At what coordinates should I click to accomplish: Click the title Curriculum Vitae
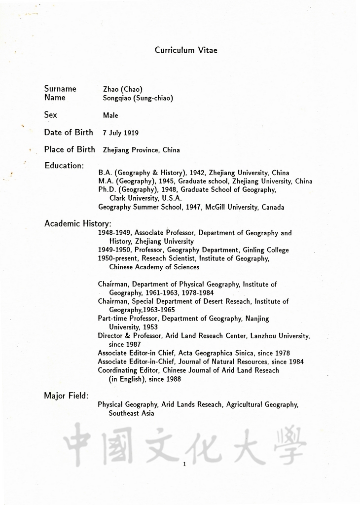[185, 50]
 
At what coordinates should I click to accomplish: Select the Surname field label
[60, 89]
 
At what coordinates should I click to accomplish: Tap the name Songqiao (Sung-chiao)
[138, 98]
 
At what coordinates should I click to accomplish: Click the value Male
[110, 115]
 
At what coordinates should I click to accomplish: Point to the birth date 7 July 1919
[120, 133]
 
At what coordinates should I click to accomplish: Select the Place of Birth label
[70, 149]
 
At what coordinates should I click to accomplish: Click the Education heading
[64, 166]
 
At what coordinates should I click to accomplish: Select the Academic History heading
[78, 223]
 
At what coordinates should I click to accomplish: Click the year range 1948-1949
[114, 233]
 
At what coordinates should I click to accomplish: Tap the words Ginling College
[266, 250]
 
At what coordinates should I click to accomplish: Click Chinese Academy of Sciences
[154, 267]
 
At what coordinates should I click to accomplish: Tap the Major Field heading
[66, 396]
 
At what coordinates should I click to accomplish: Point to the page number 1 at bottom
[183, 464]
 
